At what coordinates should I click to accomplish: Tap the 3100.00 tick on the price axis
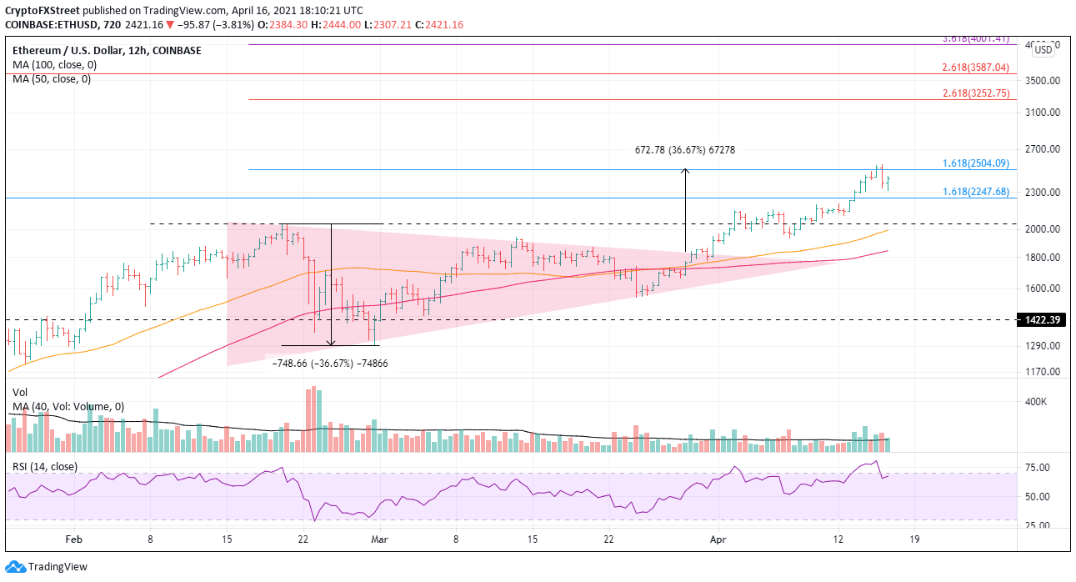coord(1041,113)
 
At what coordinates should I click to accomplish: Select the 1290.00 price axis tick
coord(1041,346)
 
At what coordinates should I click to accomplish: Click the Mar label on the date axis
coord(380,540)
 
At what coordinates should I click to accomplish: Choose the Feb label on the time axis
coord(74,540)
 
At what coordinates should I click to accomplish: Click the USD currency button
coord(1043,50)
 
